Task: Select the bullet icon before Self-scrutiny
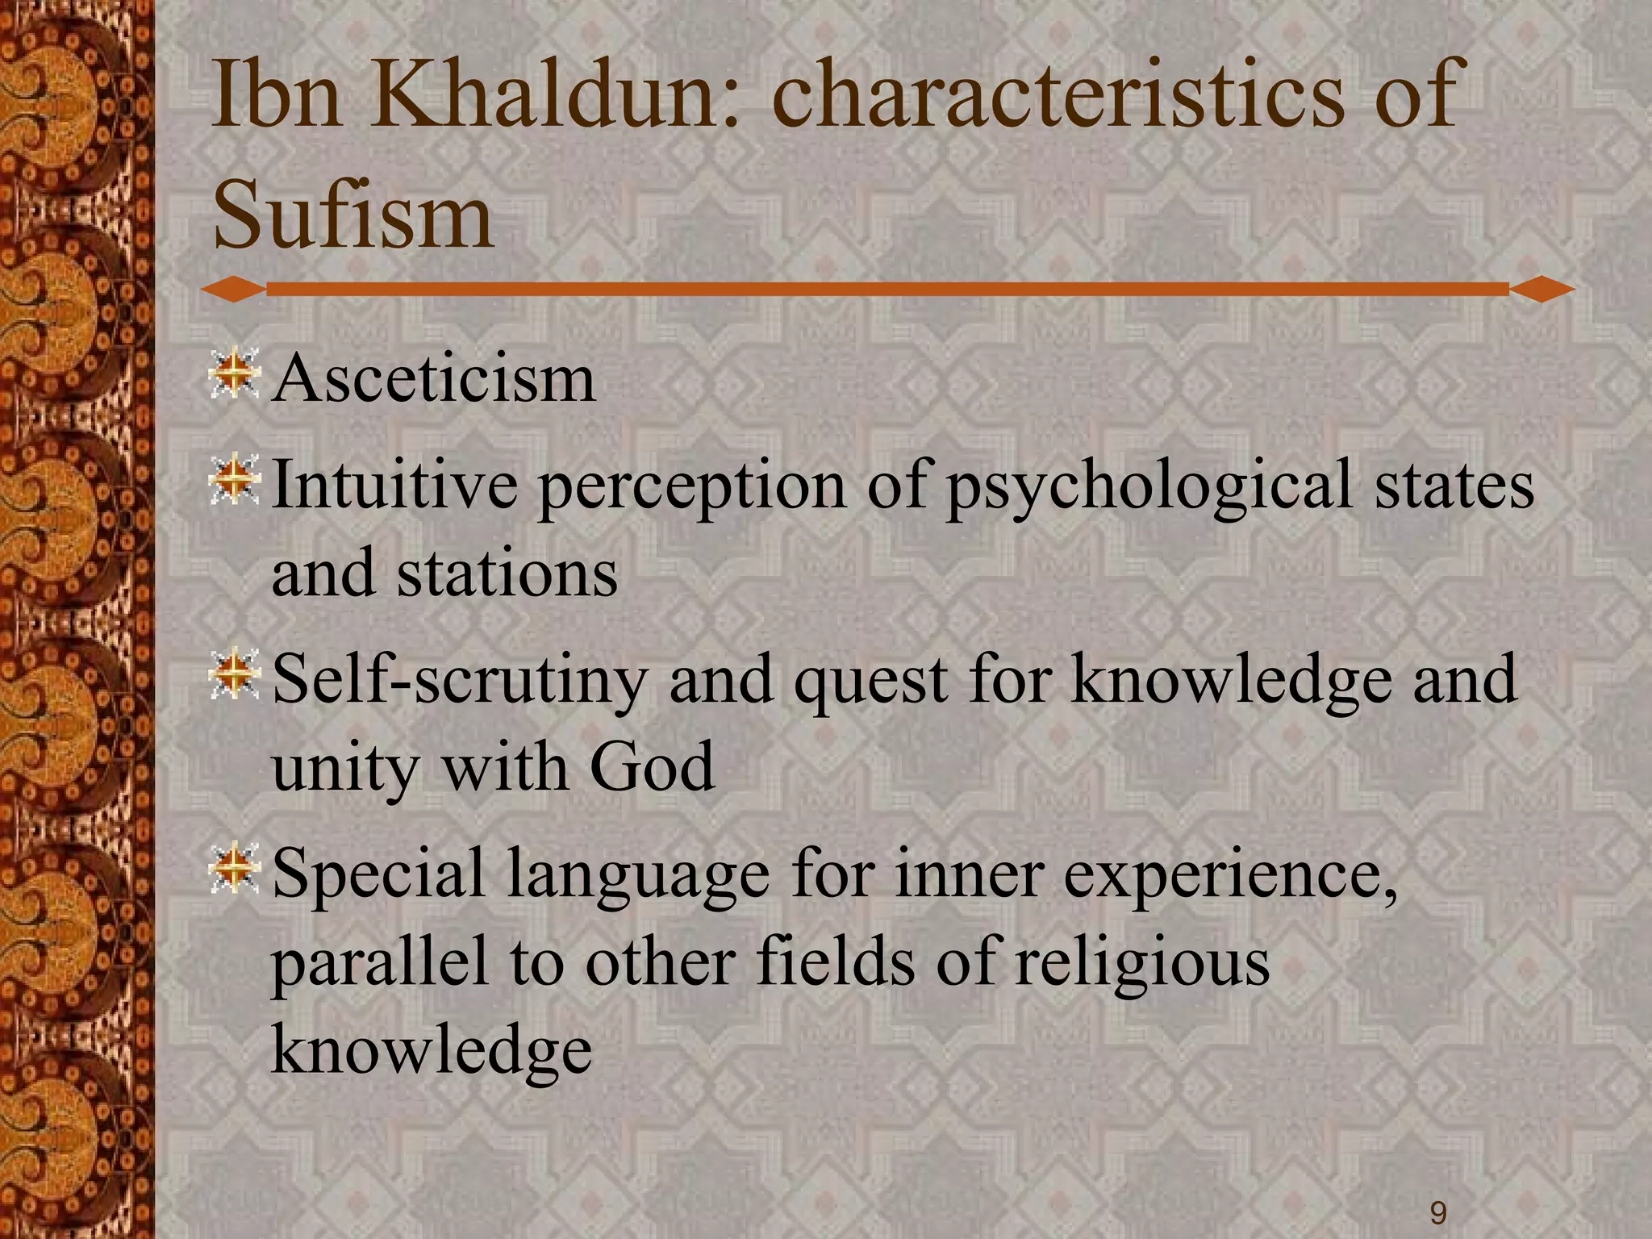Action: pyautogui.click(x=234, y=674)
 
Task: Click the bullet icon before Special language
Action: pyautogui.click(x=234, y=867)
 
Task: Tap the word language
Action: pyautogui.click(x=637, y=878)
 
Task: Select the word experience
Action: pyautogui.click(x=1230, y=878)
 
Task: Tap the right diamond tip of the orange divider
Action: pyautogui.click(x=1541, y=289)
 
